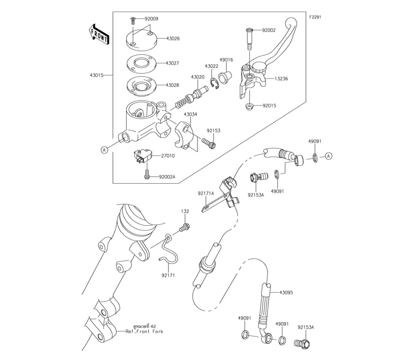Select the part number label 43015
click(x=97, y=75)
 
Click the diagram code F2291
click(x=316, y=18)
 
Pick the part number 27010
click(x=167, y=155)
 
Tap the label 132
click(x=185, y=211)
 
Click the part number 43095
click(x=286, y=293)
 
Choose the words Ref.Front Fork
click(x=144, y=331)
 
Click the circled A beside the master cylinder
click(x=104, y=150)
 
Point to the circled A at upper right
click(x=330, y=156)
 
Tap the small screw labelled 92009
click(x=133, y=20)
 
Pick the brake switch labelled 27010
click(x=142, y=156)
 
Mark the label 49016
click(x=226, y=60)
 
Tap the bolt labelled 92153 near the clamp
click(x=209, y=143)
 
